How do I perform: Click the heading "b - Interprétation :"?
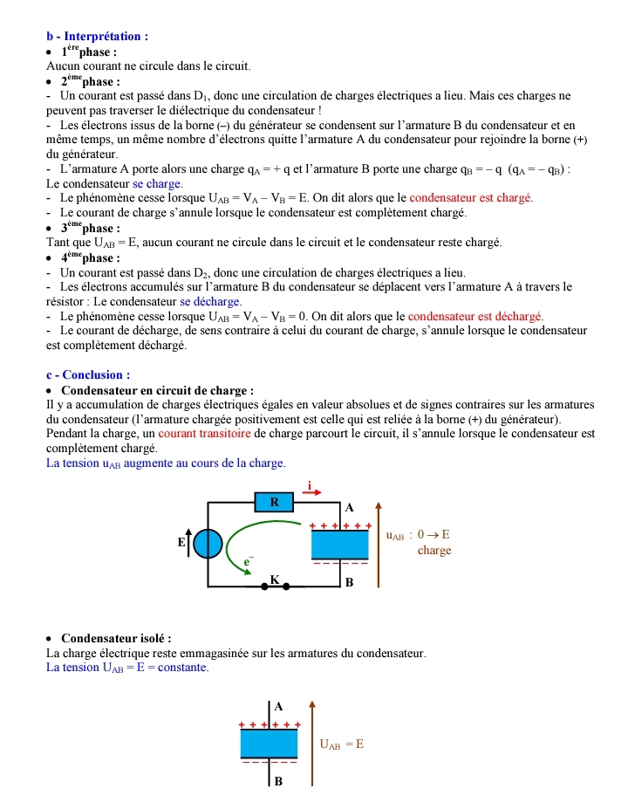97,37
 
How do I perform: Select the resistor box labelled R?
275,502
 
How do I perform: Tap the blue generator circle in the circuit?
208,544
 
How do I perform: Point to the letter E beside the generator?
181,543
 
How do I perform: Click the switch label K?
274,579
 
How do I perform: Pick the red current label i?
309,485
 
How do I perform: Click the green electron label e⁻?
248,563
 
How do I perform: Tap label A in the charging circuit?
350,507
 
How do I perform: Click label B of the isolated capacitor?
278,781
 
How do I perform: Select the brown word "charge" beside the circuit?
433,551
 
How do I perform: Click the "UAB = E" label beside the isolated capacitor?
341,744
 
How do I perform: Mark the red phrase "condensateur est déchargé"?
475,316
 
